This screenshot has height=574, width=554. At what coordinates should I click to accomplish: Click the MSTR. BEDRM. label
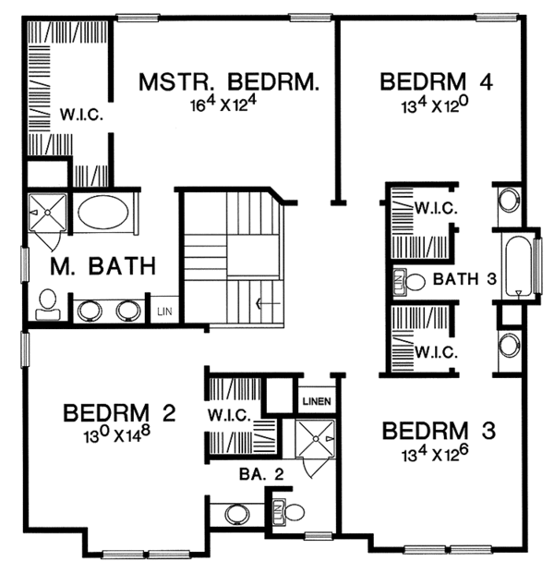coord(229,82)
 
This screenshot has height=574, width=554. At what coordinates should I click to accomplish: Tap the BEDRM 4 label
coord(436,82)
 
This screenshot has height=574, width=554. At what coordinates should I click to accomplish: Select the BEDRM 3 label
coord(440,431)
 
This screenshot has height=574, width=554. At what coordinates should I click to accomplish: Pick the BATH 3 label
coord(459,278)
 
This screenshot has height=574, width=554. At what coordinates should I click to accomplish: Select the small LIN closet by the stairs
coord(163,311)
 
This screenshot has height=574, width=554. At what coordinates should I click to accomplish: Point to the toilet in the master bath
coord(47,303)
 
